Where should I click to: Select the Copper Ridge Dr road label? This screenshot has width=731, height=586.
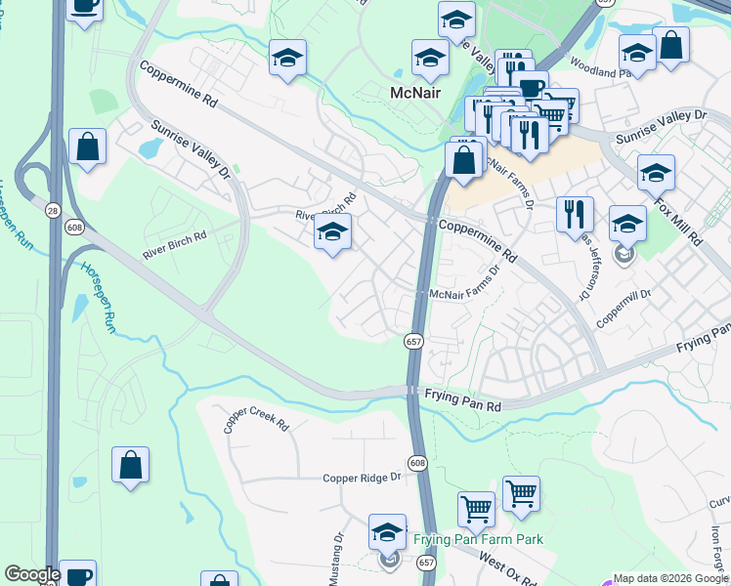363,478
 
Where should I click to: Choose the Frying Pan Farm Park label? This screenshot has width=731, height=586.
478,539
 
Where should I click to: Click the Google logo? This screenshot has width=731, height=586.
32,574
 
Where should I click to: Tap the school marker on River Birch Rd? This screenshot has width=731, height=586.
332,232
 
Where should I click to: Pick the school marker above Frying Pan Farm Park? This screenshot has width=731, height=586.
387,533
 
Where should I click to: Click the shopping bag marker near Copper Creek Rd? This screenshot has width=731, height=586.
130,465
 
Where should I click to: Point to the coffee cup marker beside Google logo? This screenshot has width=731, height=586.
77,574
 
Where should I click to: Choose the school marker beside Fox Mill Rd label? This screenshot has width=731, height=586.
656,172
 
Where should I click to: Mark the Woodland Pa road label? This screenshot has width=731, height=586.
601,71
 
